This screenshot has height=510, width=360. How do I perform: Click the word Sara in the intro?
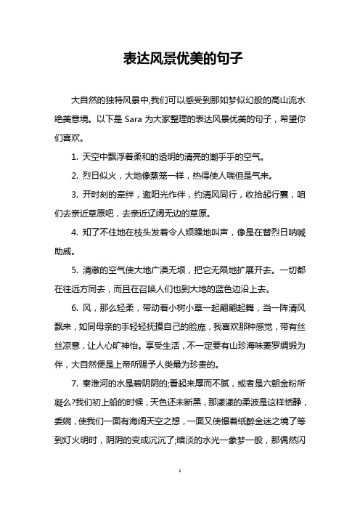[136, 120]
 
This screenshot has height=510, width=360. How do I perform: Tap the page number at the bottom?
[180, 492]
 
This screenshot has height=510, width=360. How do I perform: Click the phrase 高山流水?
[297, 100]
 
